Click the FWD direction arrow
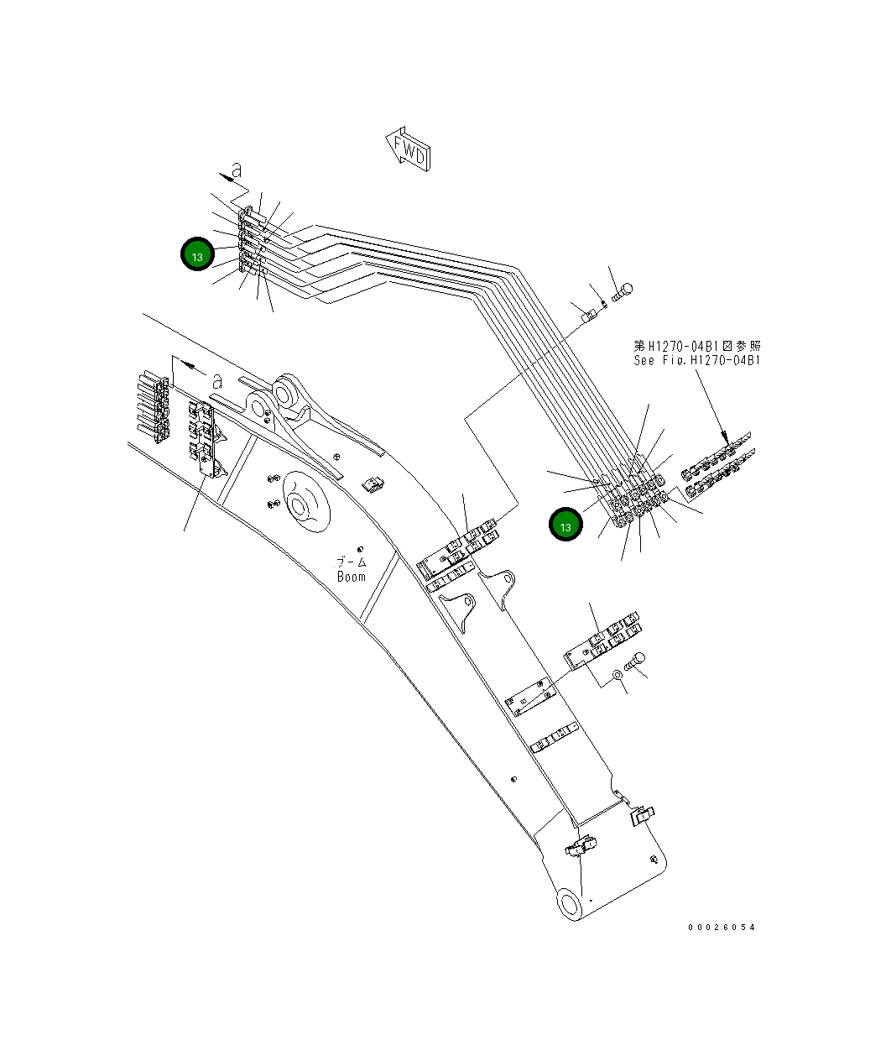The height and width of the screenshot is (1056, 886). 408,149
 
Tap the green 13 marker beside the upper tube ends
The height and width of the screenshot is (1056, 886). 197,256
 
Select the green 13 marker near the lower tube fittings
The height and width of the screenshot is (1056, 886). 565,526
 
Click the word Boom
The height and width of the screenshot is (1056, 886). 352,577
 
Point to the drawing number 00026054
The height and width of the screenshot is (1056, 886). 721,927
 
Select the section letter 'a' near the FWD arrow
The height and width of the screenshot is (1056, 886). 237,170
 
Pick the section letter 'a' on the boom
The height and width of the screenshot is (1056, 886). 216,380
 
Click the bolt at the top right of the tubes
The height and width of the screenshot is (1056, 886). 623,292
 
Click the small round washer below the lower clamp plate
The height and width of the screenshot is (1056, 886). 618,672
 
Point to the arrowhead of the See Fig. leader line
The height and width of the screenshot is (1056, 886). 724,437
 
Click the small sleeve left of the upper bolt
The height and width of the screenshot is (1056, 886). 589,316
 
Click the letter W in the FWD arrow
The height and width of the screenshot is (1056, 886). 413,152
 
